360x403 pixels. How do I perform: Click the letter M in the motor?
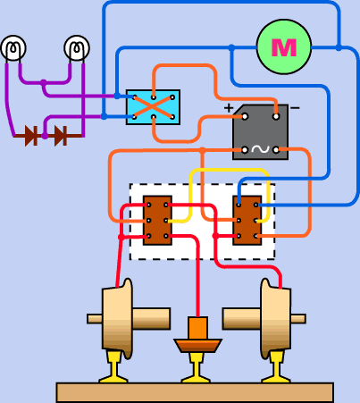(x=284, y=47)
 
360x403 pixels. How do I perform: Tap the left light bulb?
(x=13, y=48)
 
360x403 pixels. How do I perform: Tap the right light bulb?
(x=77, y=48)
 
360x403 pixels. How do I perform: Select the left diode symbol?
(x=31, y=136)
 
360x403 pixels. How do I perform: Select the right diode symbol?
(x=61, y=136)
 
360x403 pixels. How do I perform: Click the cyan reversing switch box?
(x=153, y=107)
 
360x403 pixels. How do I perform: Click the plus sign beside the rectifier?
(x=229, y=108)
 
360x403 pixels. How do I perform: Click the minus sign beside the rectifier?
(x=295, y=108)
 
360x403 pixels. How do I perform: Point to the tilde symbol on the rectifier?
(x=261, y=149)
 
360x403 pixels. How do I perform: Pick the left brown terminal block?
(x=157, y=221)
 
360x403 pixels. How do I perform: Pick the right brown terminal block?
(x=247, y=221)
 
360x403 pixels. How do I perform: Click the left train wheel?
(x=118, y=319)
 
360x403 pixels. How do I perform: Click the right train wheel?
(x=275, y=319)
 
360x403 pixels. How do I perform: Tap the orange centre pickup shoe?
(x=197, y=334)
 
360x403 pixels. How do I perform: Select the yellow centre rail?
(x=197, y=368)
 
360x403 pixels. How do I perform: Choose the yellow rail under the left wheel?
(x=113, y=367)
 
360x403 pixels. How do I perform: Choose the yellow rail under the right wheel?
(x=276, y=367)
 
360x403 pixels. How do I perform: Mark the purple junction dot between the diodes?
(x=45, y=136)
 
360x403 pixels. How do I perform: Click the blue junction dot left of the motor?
(x=231, y=47)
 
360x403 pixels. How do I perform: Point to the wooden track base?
(x=195, y=393)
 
